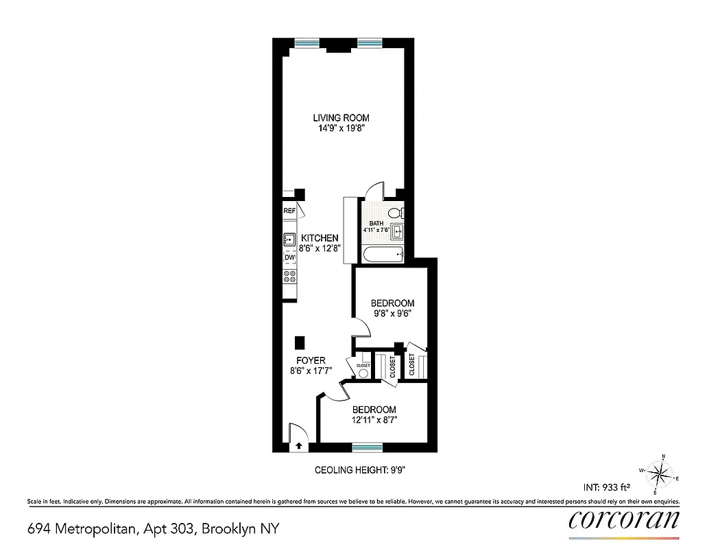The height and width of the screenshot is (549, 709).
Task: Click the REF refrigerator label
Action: [289, 211]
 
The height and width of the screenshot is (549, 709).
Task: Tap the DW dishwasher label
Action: [289, 258]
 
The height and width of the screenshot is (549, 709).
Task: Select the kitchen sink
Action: [289, 240]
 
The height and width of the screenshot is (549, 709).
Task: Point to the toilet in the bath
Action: [398, 213]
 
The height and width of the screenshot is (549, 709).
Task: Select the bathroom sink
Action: [398, 233]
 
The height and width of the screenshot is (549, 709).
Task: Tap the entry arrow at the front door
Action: [300, 445]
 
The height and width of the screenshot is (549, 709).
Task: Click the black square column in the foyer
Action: [300, 342]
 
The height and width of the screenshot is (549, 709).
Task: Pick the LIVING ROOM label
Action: [341, 117]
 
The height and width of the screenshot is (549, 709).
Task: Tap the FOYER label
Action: [311, 360]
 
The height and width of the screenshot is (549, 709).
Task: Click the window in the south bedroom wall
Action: [368, 447]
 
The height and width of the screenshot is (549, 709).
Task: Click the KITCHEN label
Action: [320, 237]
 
